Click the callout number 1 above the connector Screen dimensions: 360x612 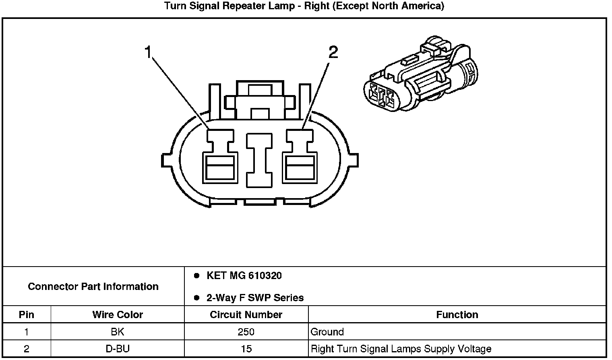click(x=149, y=52)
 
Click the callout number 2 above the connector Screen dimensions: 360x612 click(x=333, y=52)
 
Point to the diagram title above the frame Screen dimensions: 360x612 click(x=304, y=6)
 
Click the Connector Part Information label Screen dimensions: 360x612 click(x=93, y=287)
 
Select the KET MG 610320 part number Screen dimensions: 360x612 click(x=244, y=276)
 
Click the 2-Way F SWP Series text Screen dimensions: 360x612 click(x=255, y=298)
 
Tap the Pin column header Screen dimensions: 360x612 click(x=27, y=314)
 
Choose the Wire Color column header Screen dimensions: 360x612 click(x=118, y=314)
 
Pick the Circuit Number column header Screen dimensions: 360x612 click(x=246, y=314)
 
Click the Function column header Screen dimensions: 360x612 click(x=457, y=314)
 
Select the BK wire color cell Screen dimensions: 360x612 click(x=118, y=332)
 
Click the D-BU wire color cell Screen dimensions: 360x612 click(x=118, y=349)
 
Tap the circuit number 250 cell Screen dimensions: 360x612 click(x=246, y=332)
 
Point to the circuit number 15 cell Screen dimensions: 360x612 click(x=246, y=349)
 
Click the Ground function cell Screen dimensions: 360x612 click(x=327, y=332)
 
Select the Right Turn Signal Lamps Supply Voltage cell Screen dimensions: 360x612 click(x=401, y=349)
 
